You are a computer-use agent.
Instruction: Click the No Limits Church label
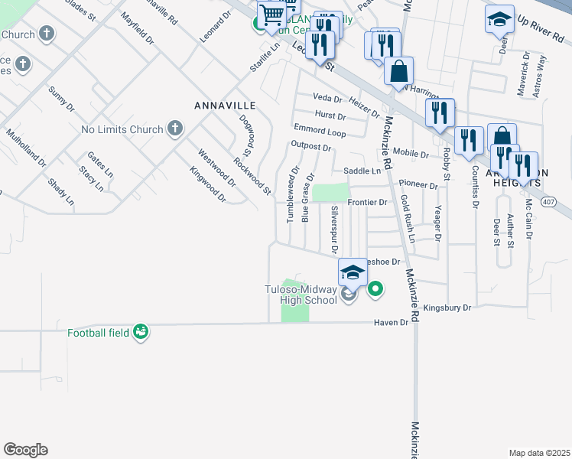(x=122, y=129)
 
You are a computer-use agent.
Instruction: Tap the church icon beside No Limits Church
(x=175, y=129)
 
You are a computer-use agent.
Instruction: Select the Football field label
(x=99, y=333)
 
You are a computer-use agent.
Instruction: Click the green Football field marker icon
(x=140, y=331)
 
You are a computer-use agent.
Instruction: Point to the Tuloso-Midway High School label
(x=301, y=295)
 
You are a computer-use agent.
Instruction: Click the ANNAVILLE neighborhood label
(x=224, y=105)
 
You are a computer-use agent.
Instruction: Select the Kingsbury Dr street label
(x=447, y=308)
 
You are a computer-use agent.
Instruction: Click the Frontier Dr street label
(x=368, y=202)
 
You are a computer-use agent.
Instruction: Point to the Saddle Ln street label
(x=362, y=171)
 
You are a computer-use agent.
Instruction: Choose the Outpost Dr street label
(x=310, y=146)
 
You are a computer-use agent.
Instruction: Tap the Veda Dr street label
(x=327, y=98)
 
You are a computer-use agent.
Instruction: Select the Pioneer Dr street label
(x=418, y=185)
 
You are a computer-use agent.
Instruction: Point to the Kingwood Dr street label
(x=207, y=185)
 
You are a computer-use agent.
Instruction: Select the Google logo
(x=25, y=449)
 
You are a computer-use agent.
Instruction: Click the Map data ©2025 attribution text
(x=539, y=453)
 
